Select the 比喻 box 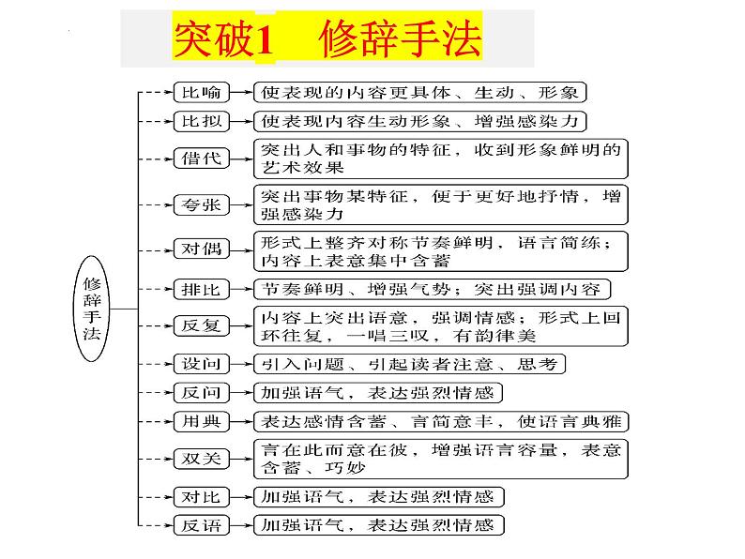[x=200, y=92]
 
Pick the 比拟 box [x=200, y=121]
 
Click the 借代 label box [x=200, y=158]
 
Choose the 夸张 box [x=200, y=204]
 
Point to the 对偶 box [x=200, y=249]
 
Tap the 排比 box [x=200, y=288]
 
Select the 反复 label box [x=200, y=325]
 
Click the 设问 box [x=200, y=363]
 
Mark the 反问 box [x=200, y=392]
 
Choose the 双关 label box [x=200, y=459]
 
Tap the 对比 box [x=200, y=496]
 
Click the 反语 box [x=200, y=525]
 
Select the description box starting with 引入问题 [x=410, y=363]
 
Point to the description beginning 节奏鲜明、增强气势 [x=428, y=288]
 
